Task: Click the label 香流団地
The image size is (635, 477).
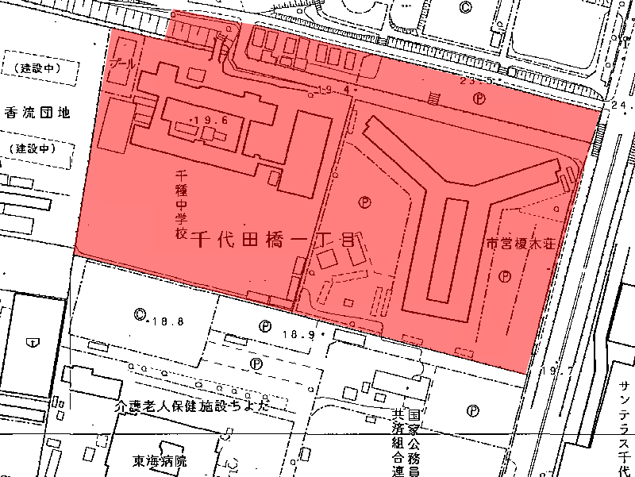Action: coord(37,113)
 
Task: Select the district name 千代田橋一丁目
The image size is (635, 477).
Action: coord(275,238)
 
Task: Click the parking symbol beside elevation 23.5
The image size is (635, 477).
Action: coord(479,98)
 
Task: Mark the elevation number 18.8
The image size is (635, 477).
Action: coord(170,321)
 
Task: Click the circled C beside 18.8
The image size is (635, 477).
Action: coord(140,314)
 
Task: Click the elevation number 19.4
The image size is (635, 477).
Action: coord(337,89)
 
